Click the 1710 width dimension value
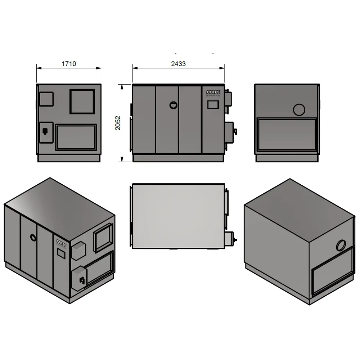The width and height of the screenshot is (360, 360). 69,64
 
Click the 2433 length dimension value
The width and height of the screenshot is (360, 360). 178,64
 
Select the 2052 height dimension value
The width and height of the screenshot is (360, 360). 118,123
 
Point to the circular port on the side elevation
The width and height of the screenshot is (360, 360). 174,105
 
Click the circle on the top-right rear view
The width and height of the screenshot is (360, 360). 299,109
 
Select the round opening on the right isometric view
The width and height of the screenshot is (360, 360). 341,246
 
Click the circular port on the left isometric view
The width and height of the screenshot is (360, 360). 33,237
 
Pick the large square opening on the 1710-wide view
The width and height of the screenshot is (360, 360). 82,102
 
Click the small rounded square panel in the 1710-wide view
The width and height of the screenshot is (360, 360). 46,99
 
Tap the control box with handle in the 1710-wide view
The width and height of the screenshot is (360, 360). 46,132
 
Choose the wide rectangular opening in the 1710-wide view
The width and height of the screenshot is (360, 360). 76,137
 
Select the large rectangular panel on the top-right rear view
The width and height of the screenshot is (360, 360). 287,134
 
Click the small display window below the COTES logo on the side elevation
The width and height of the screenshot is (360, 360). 213,104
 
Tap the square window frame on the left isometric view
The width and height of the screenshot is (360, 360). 103,237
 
